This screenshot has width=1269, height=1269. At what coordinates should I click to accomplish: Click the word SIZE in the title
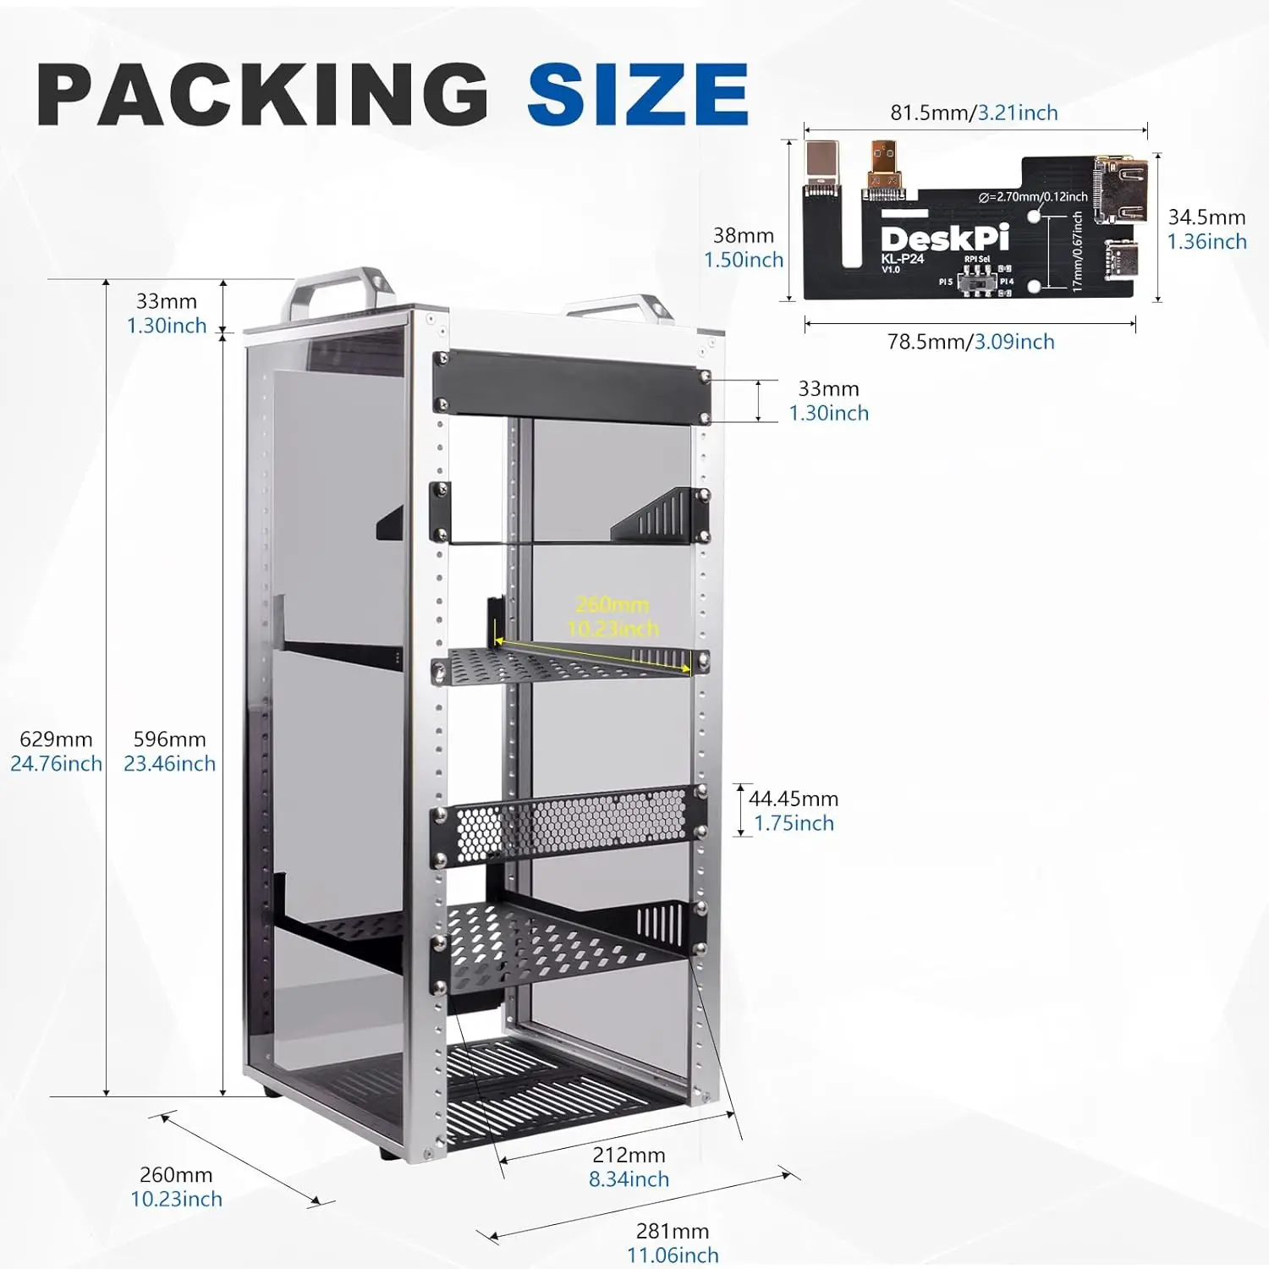point(638,94)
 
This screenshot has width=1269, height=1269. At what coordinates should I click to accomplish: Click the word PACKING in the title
point(262,94)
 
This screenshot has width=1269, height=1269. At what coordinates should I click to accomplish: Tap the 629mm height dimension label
point(56,739)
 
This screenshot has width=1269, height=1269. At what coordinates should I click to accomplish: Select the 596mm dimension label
point(169,739)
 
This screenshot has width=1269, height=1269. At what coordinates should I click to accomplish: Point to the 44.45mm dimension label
point(793,799)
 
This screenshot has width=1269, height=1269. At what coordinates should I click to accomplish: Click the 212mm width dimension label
point(629,1155)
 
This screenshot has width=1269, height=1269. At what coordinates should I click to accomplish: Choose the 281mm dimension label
point(672,1231)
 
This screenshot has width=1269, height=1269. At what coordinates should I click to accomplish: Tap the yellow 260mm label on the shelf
point(612,604)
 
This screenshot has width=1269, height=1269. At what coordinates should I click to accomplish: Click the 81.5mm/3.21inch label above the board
point(974,113)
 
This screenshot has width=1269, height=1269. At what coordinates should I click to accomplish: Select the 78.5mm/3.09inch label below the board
point(970,342)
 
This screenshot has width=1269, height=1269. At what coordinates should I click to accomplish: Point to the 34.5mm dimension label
point(1206,217)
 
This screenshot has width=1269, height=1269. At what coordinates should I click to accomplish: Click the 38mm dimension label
point(743,235)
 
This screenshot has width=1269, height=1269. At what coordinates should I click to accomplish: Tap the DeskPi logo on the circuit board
point(945,238)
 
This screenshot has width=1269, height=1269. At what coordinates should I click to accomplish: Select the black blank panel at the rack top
point(571,385)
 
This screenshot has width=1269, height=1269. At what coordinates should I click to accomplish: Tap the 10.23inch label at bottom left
point(176,1199)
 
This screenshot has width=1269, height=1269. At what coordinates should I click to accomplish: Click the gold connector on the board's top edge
point(884,166)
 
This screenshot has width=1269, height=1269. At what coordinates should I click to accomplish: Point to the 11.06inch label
point(673,1255)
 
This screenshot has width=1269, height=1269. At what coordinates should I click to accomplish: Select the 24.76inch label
point(56,764)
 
